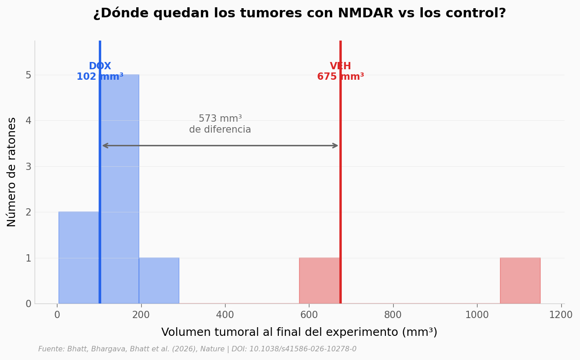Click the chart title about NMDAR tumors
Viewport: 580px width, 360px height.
pyautogui.click(x=299, y=14)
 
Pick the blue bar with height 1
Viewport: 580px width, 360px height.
pyautogui.click(x=159, y=281)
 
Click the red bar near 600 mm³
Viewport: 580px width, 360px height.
pyautogui.click(x=319, y=281)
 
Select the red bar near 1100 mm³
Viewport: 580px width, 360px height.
pyautogui.click(x=520, y=281)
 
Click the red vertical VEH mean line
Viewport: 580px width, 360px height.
pyautogui.click(x=340, y=191)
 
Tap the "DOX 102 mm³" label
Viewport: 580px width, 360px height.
pyautogui.click(x=100, y=72)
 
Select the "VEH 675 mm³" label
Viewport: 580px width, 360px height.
pyautogui.click(x=340, y=72)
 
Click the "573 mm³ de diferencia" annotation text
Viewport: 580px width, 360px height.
pyautogui.click(x=220, y=124)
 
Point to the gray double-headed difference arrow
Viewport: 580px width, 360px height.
pyautogui.click(x=220, y=146)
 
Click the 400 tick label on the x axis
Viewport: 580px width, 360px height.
pyautogui.click(x=225, y=315)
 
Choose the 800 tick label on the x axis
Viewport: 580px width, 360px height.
pyautogui.click(x=393, y=315)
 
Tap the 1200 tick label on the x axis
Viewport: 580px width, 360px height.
pyautogui.click(x=560, y=315)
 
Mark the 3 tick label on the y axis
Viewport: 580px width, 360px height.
pyautogui.click(x=28, y=166)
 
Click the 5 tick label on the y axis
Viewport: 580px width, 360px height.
pyautogui.click(x=28, y=75)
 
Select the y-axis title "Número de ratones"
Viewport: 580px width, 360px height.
pyautogui.click(x=12, y=172)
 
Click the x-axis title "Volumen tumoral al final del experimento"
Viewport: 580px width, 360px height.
pyautogui.click(x=299, y=333)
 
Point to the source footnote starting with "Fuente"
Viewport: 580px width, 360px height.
pyautogui.click(x=197, y=349)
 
